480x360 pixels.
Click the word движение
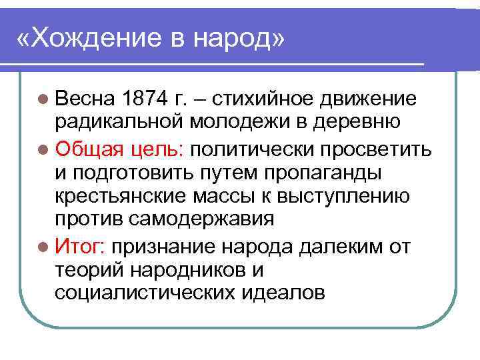coord(369,100)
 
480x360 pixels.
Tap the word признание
coord(164,248)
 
